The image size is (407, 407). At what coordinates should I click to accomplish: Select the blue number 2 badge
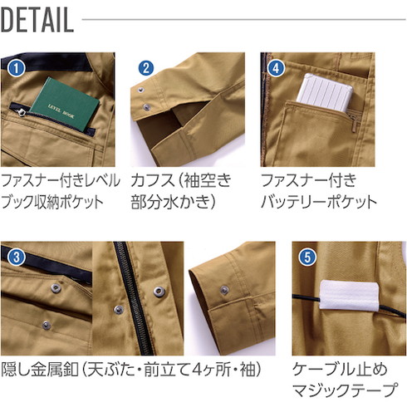(x=145, y=68)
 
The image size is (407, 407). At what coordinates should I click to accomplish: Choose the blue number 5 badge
(x=307, y=257)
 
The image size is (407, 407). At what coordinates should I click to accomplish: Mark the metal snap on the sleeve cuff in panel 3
(x=223, y=289)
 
